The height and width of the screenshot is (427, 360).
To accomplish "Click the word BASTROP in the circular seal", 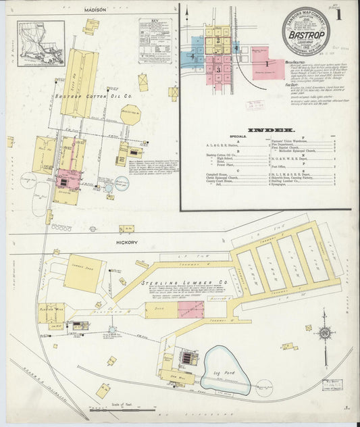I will tap(311, 33).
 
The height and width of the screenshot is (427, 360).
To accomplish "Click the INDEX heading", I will tap(271, 129).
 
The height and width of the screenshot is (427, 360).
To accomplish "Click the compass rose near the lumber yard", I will tap(325, 333).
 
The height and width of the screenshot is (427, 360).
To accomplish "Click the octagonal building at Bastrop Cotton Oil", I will tap(130, 115).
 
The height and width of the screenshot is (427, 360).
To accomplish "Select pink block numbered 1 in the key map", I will tap(267, 64).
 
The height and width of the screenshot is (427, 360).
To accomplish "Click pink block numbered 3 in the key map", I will tap(218, 69).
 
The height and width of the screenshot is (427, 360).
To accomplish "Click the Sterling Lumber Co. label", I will tap(175, 281).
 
